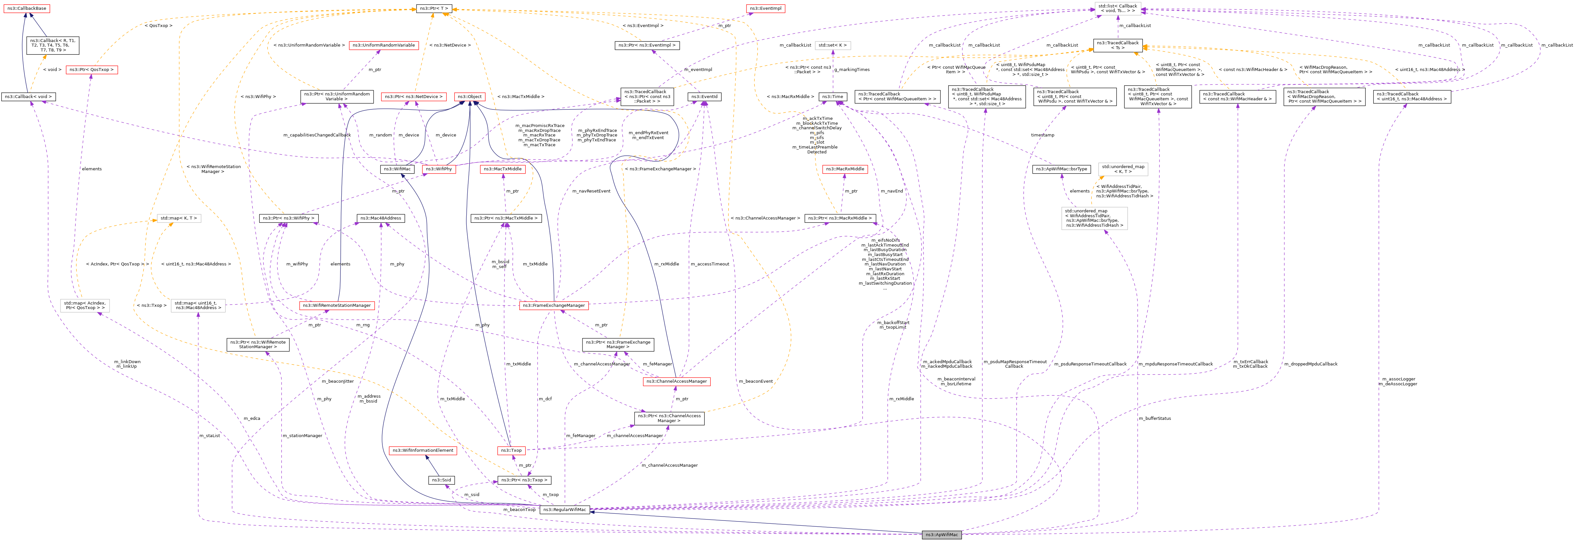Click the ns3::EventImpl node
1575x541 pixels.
[765, 8]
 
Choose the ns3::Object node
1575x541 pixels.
[470, 97]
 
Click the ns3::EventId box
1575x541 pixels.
[704, 97]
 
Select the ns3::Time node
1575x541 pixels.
[831, 97]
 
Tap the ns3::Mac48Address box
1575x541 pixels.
[380, 218]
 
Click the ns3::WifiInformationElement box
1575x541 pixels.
[422, 450]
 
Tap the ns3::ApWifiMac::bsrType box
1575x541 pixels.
[1061, 169]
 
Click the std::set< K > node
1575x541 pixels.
[832, 45]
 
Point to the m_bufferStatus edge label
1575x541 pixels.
[1154, 419]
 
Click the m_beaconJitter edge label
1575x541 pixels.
[337, 381]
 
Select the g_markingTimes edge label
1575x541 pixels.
[852, 70]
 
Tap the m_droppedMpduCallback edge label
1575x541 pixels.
[1310, 364]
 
